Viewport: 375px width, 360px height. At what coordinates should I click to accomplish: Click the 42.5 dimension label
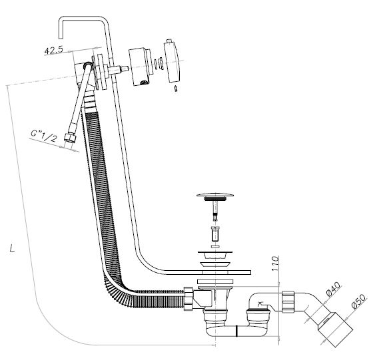click(x=53, y=50)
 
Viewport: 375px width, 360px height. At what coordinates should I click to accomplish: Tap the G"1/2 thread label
click(x=45, y=136)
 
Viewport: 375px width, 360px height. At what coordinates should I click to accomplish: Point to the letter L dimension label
click(x=12, y=248)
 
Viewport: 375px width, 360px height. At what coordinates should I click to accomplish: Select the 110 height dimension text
click(x=275, y=264)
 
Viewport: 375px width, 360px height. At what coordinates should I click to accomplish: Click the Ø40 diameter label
click(x=333, y=289)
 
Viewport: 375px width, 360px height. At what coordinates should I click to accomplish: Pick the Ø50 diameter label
click(x=358, y=301)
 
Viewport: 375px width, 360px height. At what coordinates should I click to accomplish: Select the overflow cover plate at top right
click(x=172, y=61)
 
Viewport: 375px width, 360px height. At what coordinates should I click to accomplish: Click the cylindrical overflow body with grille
click(x=141, y=67)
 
